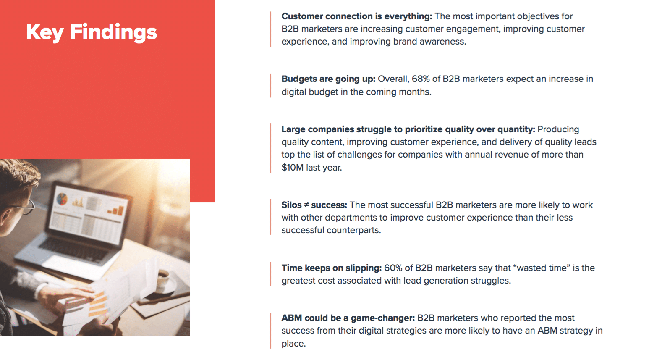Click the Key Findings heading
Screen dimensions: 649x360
click(x=92, y=32)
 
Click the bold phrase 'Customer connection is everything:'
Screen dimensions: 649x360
click(x=357, y=16)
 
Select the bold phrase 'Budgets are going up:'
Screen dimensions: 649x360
click(x=328, y=79)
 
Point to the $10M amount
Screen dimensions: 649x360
click(x=292, y=168)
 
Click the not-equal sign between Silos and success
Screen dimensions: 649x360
click(x=306, y=205)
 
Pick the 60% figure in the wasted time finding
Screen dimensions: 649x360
click(x=393, y=268)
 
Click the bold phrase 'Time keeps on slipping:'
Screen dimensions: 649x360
click(x=332, y=268)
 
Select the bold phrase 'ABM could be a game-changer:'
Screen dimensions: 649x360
click(x=348, y=318)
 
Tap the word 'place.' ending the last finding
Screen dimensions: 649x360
click(x=293, y=344)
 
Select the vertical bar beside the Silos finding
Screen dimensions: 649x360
click(x=270, y=217)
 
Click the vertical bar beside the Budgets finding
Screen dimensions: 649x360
click(x=270, y=86)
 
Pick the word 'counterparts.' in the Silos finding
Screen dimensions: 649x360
click(x=353, y=231)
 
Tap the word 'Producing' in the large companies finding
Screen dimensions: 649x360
click(x=558, y=129)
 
